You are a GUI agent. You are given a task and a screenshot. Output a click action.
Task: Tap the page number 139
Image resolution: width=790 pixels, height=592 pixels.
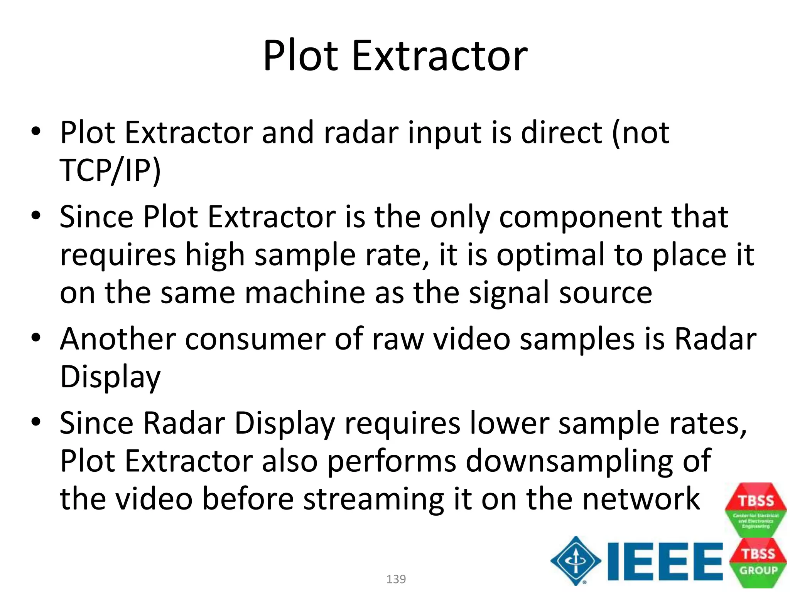point(396,579)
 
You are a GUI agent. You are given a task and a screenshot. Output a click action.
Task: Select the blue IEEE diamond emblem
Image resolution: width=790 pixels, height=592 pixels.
point(576,561)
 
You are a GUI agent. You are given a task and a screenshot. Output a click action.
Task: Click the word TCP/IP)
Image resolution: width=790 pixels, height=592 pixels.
point(110,170)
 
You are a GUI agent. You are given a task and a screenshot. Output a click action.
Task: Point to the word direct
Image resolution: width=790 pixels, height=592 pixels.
point(562,133)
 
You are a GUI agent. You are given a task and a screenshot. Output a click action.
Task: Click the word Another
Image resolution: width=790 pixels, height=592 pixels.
point(118,339)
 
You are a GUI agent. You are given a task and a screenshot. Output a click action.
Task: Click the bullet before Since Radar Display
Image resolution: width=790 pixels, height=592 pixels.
point(36,422)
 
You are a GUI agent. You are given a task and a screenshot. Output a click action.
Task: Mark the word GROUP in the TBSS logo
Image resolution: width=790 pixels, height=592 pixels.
point(758,570)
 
